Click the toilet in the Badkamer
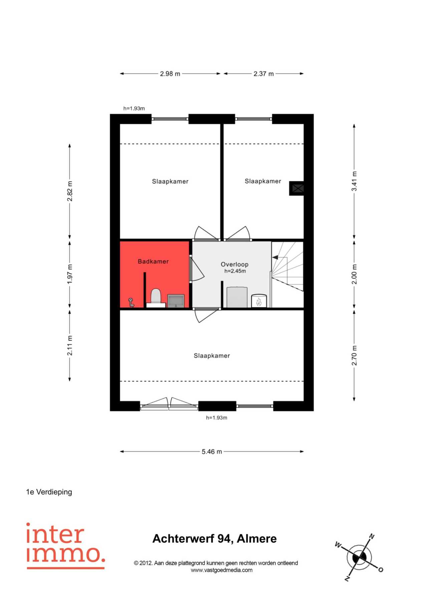(156, 297)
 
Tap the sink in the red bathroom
(176, 301)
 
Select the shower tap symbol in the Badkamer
(131, 302)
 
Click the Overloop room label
(235, 264)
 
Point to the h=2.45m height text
(235, 271)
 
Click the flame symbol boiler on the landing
(259, 301)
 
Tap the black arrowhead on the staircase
(275, 257)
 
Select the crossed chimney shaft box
(296, 188)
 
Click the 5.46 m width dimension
(212, 452)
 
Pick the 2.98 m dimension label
(170, 74)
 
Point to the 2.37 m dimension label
(263, 74)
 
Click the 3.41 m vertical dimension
(354, 181)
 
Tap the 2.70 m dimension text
(354, 355)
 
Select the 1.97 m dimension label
(70, 274)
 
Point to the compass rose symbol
(359, 557)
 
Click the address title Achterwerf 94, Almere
(215, 539)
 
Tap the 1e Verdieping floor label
(49, 492)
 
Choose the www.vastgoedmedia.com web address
(222, 570)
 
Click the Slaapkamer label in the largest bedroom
(212, 356)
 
